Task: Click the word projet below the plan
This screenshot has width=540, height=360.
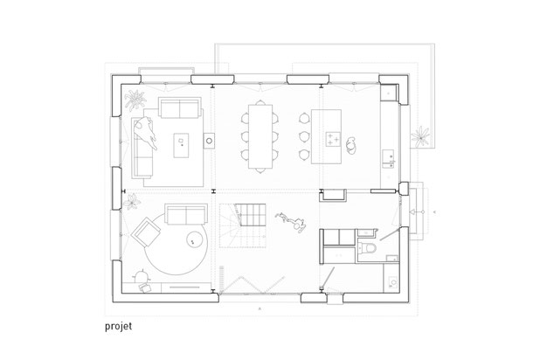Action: click(118, 326)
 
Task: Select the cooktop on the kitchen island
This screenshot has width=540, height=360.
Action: click(333, 139)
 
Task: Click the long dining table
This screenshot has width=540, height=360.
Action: click(260, 136)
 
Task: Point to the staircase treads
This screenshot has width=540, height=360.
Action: click(251, 213)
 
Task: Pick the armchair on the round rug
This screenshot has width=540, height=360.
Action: click(146, 232)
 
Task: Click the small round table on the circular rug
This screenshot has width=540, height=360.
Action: click(194, 239)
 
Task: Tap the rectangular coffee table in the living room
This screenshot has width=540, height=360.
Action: click(181, 145)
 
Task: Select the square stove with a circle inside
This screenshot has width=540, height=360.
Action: click(209, 141)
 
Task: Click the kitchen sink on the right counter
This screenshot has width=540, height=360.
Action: click(389, 158)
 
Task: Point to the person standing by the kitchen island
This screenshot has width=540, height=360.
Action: click(351, 145)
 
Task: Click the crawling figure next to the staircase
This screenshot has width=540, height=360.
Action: click(291, 222)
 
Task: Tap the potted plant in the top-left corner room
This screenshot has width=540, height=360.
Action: click(135, 100)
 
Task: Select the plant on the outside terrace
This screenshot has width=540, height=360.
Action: click(420, 136)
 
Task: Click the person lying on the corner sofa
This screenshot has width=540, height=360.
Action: click(146, 132)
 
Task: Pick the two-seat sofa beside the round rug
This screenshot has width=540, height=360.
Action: click(186, 214)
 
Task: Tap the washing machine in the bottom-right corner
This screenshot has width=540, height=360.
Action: click(391, 283)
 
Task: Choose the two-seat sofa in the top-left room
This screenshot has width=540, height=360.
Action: click(179, 107)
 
